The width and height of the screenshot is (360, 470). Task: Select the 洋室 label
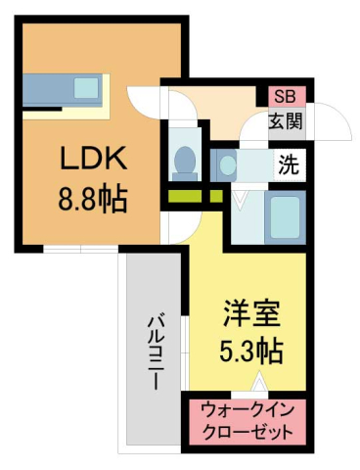pyautogui.click(x=251, y=315)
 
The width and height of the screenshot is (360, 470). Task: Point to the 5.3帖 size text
pyautogui.click(x=251, y=350)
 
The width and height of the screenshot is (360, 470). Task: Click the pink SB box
pyautogui.click(x=285, y=96)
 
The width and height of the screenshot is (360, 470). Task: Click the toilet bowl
pyautogui.click(x=183, y=160)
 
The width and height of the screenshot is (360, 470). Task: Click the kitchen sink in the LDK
pyautogui.click(x=86, y=88)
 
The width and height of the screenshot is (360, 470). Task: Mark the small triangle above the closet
pyautogui.click(x=261, y=384)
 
